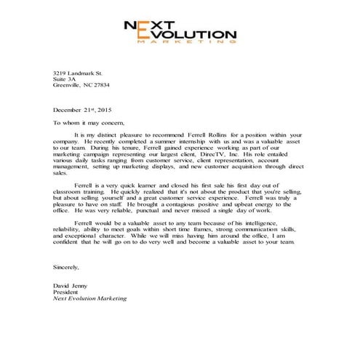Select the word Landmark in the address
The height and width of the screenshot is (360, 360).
coord(84,73)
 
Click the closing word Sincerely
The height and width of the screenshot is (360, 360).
coord(65,267)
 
